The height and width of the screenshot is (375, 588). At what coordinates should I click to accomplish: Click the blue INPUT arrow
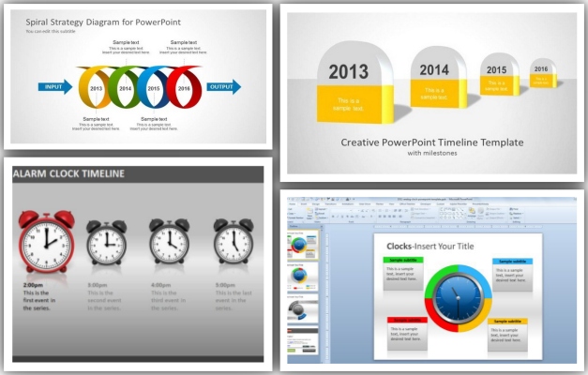pos(54,87)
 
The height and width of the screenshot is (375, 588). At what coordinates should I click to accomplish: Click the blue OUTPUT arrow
pos(223,87)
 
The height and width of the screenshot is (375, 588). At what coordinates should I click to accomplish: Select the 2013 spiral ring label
pos(96,88)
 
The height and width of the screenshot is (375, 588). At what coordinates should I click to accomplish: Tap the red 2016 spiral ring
pos(185,87)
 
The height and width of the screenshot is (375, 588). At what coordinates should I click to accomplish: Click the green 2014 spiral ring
pos(126,88)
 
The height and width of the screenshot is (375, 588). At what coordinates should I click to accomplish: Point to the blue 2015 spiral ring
pos(155,88)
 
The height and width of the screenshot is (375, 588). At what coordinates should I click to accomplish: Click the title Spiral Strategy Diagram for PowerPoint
pos(90,21)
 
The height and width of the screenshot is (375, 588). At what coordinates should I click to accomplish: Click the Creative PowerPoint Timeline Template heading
pos(432,142)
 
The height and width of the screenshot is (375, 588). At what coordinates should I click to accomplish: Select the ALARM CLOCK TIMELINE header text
pos(68,173)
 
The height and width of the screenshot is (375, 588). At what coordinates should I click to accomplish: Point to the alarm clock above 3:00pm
pos(106,242)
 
